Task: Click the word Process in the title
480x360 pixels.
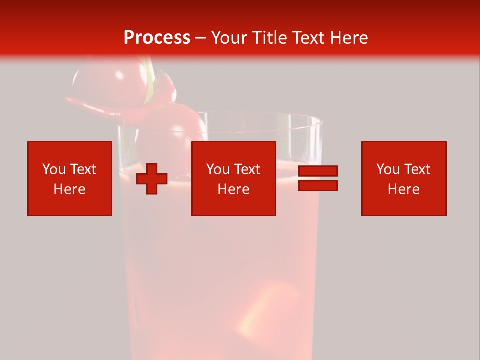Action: coord(157,38)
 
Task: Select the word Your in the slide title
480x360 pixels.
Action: coord(229,38)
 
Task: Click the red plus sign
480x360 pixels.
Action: coord(152,179)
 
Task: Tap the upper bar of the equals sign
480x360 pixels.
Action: coord(318,171)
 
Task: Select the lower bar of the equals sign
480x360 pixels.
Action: coord(318,186)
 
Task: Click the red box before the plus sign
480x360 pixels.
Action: coord(69,178)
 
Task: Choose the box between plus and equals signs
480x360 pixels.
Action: coord(233,178)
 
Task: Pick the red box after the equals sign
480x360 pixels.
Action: coord(403,178)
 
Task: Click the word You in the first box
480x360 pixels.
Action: coord(52,169)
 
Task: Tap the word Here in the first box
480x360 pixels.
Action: coord(69,189)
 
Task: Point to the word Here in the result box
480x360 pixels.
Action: coord(403,189)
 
